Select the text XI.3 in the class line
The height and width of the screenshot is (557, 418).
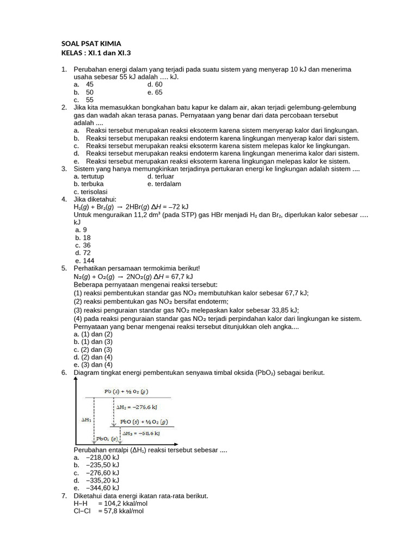122,53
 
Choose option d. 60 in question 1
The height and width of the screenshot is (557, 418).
155,85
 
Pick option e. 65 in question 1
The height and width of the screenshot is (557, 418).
155,92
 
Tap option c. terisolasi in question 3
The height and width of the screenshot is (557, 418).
91,192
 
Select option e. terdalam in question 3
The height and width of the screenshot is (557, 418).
164,184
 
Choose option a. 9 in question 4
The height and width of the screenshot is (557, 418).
81,230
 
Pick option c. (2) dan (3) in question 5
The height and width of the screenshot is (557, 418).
93,350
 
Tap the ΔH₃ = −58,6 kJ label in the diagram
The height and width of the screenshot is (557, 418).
142,434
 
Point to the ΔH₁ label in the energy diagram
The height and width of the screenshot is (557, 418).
87,420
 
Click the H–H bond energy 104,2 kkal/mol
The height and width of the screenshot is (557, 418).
122,504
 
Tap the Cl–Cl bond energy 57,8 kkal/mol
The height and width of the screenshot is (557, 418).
121,511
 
